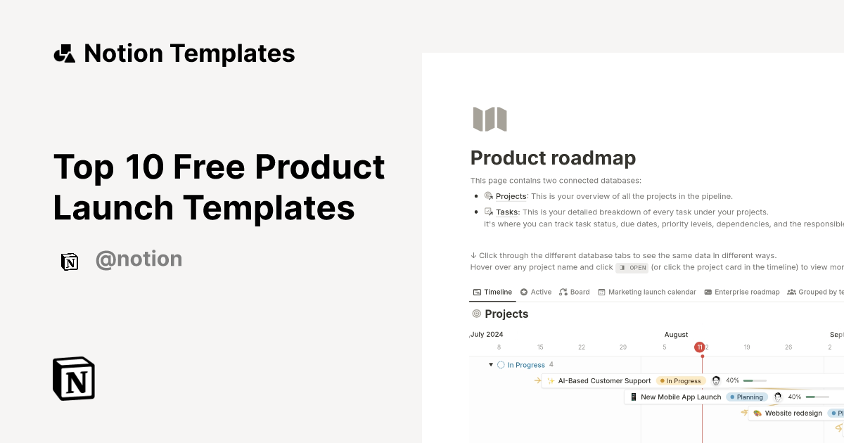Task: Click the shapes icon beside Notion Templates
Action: coord(64,53)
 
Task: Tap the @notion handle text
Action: coord(139,259)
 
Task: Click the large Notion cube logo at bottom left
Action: coord(74,378)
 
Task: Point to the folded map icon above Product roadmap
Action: coord(490,120)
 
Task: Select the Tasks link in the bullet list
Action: coord(507,212)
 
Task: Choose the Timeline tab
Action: coord(498,292)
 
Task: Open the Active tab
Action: coord(541,292)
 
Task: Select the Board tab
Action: coord(580,292)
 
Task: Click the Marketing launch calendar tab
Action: coord(652,292)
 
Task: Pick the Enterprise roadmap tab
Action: coord(747,292)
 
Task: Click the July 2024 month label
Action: coord(487,335)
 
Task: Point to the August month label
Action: coord(676,335)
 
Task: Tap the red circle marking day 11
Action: coord(699,347)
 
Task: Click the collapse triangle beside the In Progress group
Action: coord(491,365)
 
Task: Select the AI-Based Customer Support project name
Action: coord(604,381)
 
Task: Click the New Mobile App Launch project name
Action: coord(680,397)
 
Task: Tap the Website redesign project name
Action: coord(793,413)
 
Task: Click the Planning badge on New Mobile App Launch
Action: coord(750,397)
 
